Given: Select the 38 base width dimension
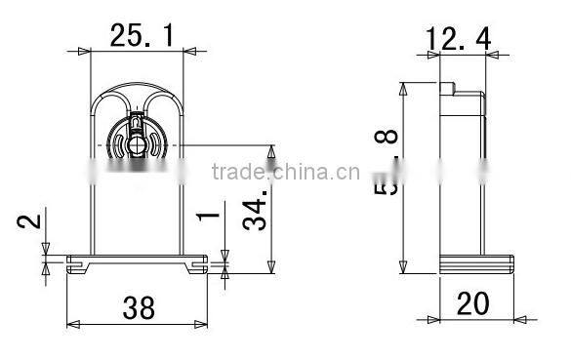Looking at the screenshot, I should point(139,308).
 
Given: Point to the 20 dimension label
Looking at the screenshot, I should point(472,304).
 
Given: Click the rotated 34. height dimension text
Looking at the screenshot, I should point(255,211).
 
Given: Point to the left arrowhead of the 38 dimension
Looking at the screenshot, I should point(69,323).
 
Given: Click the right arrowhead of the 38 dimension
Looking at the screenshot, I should point(208,323).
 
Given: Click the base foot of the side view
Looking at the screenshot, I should point(476,261).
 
